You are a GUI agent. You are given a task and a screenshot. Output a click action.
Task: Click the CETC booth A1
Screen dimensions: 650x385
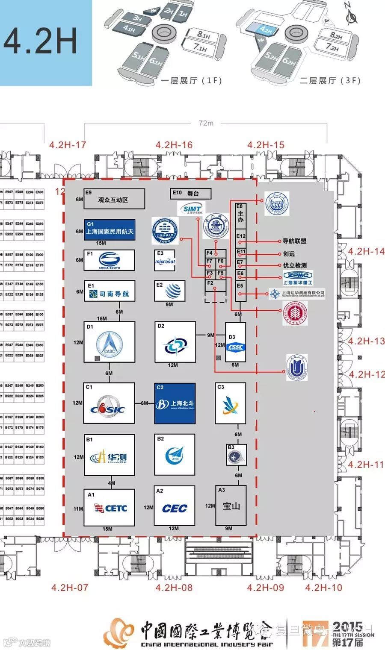coord(109,507)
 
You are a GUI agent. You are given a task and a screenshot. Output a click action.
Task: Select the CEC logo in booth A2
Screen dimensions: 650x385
coord(175,508)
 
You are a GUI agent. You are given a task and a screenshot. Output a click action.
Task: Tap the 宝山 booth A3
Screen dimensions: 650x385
coord(231,506)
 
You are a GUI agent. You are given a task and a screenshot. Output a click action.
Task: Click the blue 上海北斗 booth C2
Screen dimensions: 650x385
coord(175,403)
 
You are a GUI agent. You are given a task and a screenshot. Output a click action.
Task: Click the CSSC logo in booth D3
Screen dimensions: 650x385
coord(236,347)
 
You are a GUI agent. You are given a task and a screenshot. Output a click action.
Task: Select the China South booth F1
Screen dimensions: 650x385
coord(109,260)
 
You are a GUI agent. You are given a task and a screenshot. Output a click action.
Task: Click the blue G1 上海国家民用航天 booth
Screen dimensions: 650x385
coord(110,230)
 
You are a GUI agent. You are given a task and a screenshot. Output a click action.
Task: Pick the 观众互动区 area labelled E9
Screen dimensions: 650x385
coord(114,199)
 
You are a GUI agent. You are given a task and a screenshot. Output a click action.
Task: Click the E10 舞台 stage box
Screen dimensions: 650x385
coord(191,194)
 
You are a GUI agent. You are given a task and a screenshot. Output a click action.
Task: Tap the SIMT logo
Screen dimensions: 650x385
coord(192,209)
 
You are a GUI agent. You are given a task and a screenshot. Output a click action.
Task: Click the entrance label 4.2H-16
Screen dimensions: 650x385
coord(174,145)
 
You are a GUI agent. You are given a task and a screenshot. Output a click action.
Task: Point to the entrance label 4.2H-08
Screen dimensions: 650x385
coord(174,588)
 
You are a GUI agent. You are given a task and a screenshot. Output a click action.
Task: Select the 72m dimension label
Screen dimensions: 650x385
coord(206,123)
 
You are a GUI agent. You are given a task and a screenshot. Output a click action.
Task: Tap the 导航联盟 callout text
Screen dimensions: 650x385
coord(295,241)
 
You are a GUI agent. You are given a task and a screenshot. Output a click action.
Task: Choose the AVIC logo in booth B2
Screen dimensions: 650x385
coord(175,456)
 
